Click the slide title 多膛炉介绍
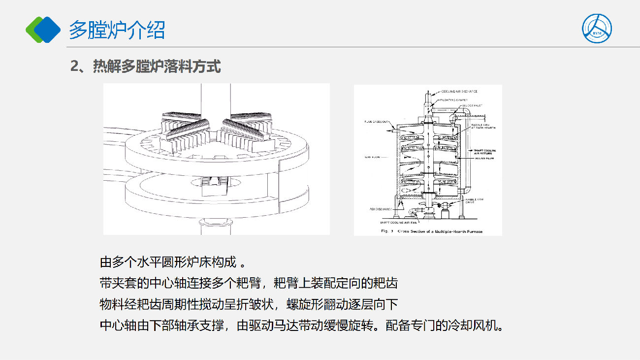tap(117, 30)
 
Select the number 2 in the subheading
tap(75, 67)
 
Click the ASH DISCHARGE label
tap(381, 209)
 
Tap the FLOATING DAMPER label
tap(453, 99)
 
